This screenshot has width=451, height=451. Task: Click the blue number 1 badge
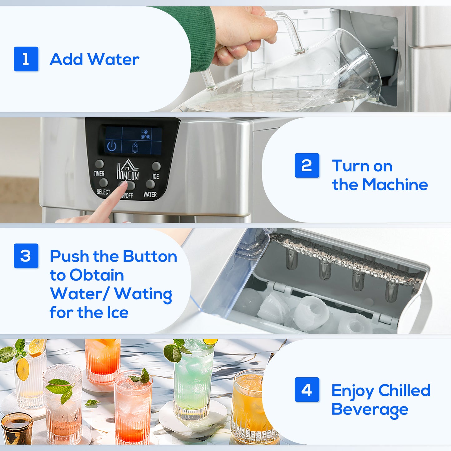[26, 59]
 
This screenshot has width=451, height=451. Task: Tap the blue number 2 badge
[307, 165]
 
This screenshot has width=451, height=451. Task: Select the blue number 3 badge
[26, 256]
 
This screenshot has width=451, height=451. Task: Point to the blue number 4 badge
[307, 390]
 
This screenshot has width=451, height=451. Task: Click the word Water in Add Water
[113, 59]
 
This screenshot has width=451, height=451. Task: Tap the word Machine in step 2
[395, 184]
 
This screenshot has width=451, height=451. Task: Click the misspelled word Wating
[143, 294]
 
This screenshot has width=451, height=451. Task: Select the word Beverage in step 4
[370, 409]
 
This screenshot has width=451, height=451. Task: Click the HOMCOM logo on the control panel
[128, 170]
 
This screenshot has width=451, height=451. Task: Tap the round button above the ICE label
[156, 166]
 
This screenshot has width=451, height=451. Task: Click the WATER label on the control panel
[150, 194]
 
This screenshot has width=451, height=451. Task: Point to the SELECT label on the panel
[103, 192]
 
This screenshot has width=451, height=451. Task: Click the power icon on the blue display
[112, 146]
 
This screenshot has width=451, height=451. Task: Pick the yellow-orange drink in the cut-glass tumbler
[250, 406]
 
